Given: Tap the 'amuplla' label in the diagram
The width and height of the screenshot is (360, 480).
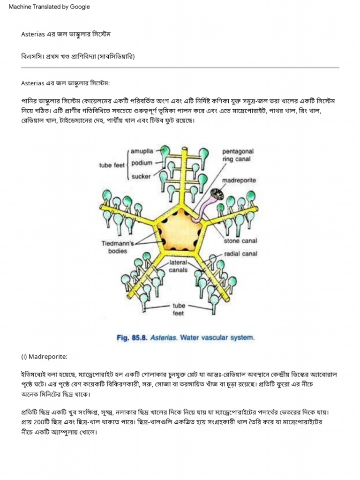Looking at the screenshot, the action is pyautogui.click(x=142, y=151).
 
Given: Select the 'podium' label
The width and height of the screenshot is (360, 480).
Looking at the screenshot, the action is pyautogui.click(x=142, y=163).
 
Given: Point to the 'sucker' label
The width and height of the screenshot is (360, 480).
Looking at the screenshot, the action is pyautogui.click(x=141, y=177).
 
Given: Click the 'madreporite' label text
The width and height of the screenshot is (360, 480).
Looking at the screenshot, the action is pyautogui.click(x=239, y=180).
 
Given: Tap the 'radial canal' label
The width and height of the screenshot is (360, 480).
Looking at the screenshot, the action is pyautogui.click(x=240, y=254).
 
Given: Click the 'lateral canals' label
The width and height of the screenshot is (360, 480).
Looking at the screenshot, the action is pyautogui.click(x=178, y=266).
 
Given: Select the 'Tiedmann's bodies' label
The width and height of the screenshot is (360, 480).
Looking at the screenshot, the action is pyautogui.click(x=118, y=247).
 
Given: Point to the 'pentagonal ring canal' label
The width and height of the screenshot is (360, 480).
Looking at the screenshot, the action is pyautogui.click(x=238, y=155).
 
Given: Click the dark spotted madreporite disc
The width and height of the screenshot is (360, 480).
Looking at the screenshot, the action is pyautogui.click(x=217, y=194).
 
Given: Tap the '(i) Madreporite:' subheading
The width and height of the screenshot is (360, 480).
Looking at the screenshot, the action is pyautogui.click(x=45, y=357).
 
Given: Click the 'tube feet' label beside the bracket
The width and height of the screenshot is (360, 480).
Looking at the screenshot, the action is pyautogui.click(x=112, y=165).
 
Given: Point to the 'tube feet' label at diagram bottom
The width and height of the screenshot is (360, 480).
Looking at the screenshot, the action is pyautogui.click(x=179, y=309).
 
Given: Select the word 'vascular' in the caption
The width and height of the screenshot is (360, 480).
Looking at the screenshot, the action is pyautogui.click(x=214, y=337).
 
